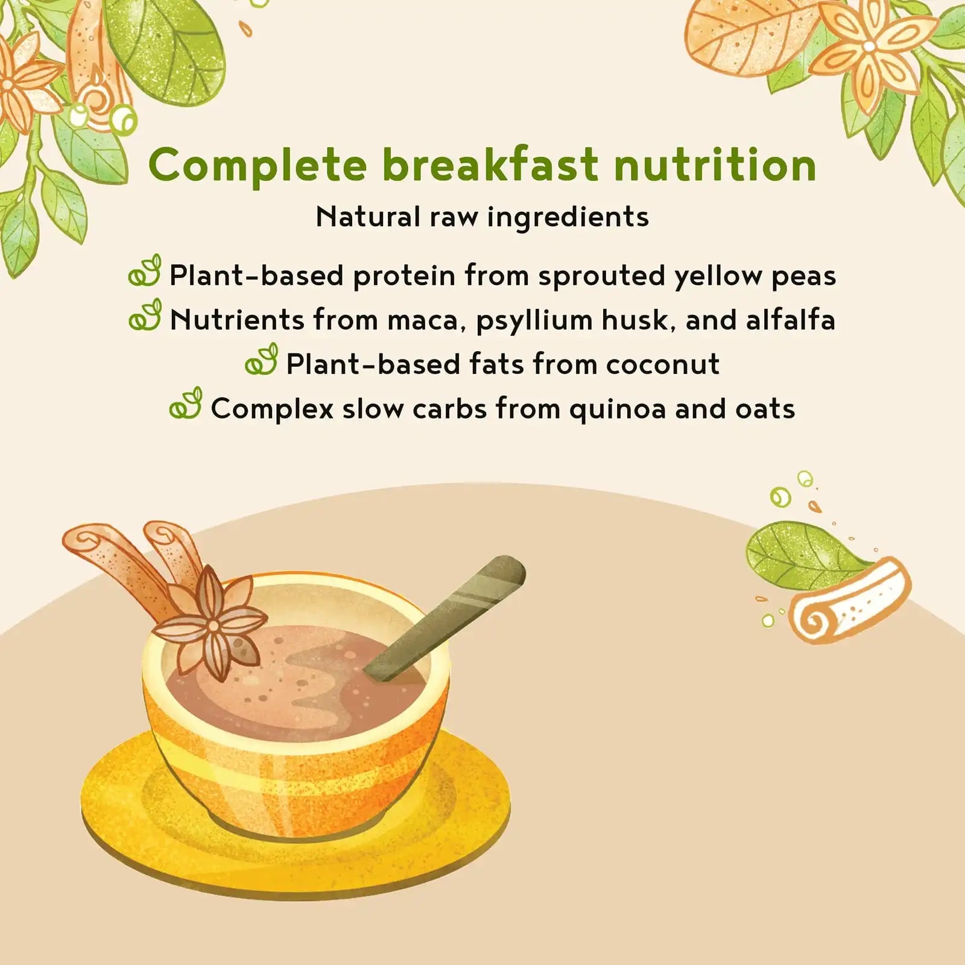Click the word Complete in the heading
[258, 166]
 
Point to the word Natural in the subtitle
[367, 217]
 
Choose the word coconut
[663, 365]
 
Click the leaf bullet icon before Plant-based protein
[145, 271]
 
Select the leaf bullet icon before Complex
[185, 403]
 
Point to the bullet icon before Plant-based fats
[261, 359]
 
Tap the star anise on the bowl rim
[210, 627]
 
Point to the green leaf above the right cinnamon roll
[803, 555]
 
